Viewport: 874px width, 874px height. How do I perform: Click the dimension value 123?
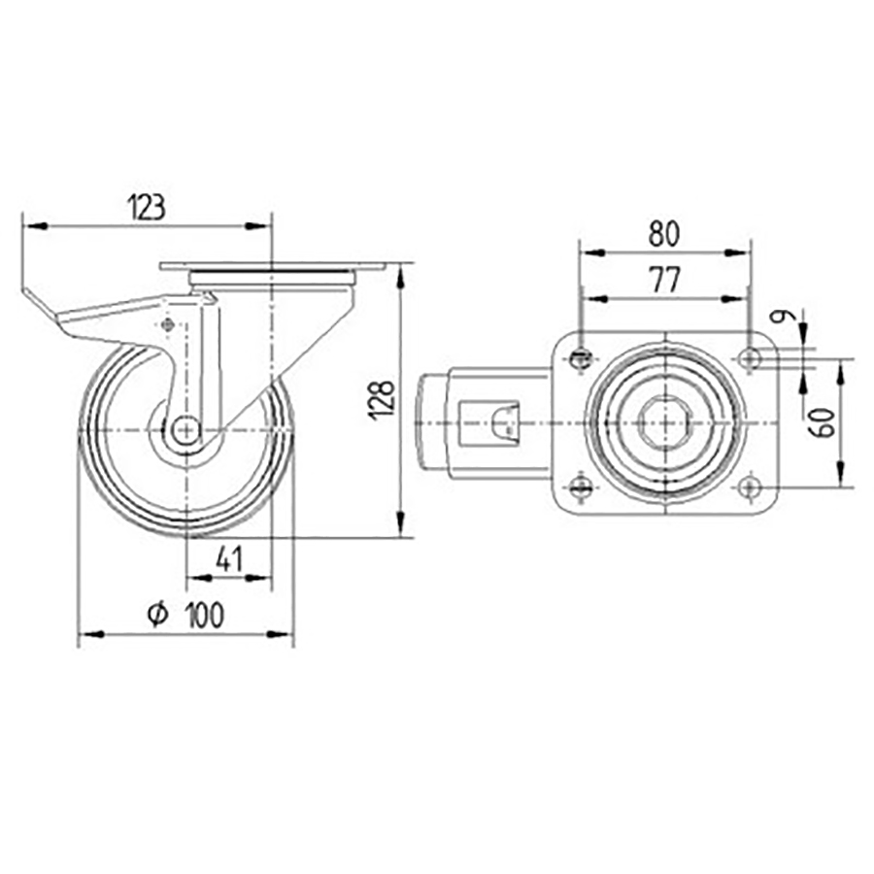click(x=146, y=206)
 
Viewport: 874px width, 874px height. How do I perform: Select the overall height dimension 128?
click(x=384, y=399)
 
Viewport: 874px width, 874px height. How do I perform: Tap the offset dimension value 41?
click(x=227, y=558)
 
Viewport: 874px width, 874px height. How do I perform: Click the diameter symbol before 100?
click(x=157, y=614)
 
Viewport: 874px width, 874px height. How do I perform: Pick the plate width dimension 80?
click(x=663, y=232)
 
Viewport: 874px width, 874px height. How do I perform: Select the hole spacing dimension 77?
click(x=663, y=280)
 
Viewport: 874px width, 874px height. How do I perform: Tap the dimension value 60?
click(x=824, y=422)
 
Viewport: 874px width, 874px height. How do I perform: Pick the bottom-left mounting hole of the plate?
click(x=581, y=487)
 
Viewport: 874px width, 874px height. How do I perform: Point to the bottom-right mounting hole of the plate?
click(x=749, y=487)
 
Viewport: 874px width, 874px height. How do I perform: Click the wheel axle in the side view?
click(x=185, y=428)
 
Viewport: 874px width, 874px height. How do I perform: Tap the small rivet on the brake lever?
click(x=169, y=326)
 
